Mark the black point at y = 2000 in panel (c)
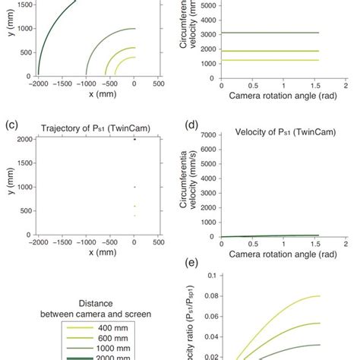point(134,139)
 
